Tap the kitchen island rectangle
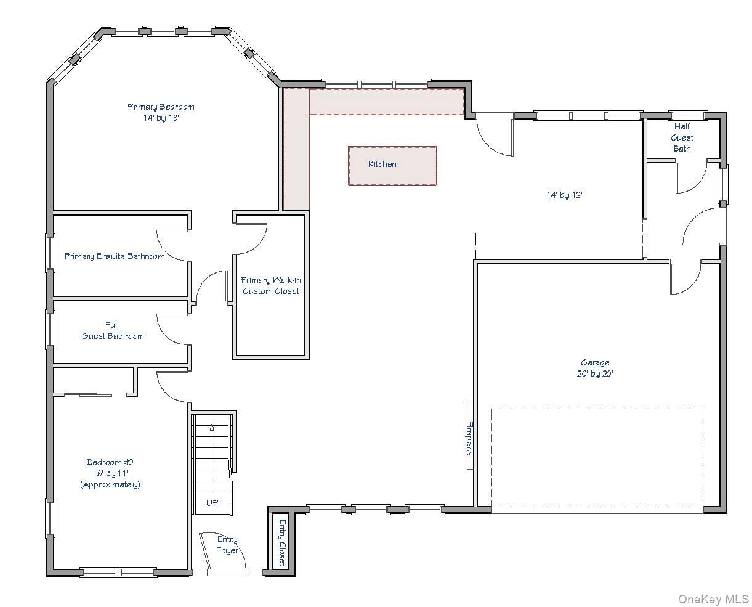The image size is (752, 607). click(392, 166)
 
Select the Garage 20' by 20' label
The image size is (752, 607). click(595, 368)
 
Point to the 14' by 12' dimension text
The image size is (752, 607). click(564, 195)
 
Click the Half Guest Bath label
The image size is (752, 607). click(682, 138)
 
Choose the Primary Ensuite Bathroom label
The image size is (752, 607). click(115, 256)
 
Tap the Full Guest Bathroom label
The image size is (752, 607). click(113, 330)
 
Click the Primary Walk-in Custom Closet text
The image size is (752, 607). click(270, 285)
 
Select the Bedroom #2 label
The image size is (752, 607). click(110, 473)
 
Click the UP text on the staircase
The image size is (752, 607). click(212, 503)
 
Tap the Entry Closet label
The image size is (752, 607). click(281, 542)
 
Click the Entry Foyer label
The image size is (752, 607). click(227, 545)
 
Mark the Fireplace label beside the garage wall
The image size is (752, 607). click(469, 437)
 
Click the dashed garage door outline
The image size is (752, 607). click(597, 409)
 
